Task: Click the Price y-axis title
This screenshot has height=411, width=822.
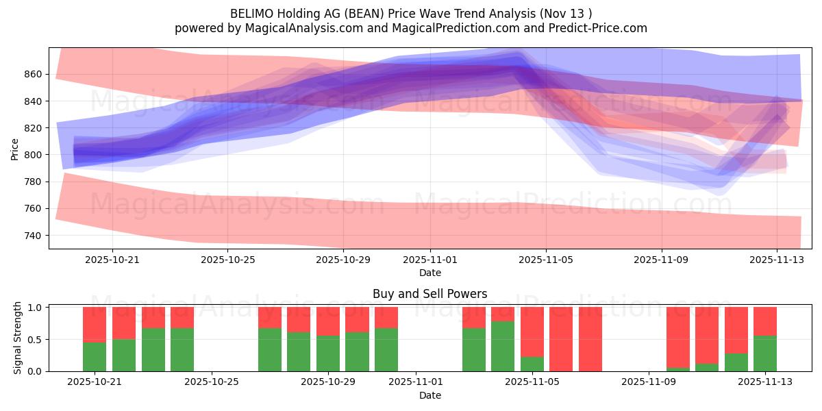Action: (14, 148)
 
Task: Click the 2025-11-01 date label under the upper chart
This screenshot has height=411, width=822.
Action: (430, 260)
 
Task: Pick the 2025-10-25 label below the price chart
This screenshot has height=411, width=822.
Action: (227, 260)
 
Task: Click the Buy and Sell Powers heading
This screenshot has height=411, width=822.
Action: (429, 294)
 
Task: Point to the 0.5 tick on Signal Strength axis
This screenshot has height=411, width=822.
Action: (34, 339)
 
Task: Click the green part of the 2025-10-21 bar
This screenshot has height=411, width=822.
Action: (95, 356)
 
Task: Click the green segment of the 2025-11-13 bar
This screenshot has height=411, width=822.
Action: (764, 353)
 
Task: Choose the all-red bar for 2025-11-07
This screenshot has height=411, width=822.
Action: (590, 339)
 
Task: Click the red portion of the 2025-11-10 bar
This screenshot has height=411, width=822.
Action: (678, 337)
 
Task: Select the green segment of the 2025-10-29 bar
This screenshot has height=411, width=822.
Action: (328, 353)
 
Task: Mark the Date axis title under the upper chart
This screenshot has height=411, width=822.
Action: (429, 273)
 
